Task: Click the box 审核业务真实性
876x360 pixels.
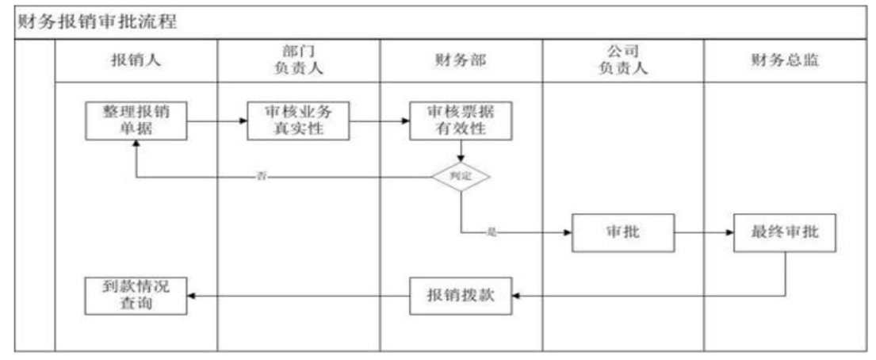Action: (297, 121)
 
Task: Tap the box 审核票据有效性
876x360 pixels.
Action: (461, 121)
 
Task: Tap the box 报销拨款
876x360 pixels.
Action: (461, 295)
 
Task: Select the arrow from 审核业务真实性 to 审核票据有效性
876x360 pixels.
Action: (380, 121)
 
